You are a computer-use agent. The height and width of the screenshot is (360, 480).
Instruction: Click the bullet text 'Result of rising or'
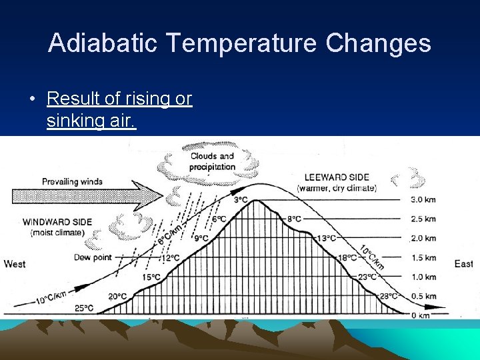coord(119,99)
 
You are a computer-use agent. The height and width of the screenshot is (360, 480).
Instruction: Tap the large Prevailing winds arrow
coord(87,195)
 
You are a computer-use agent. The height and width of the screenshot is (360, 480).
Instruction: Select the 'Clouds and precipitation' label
coord(213,161)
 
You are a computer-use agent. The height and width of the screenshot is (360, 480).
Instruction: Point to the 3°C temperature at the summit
coord(241,199)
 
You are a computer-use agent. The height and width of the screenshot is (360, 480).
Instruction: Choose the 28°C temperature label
coord(389,296)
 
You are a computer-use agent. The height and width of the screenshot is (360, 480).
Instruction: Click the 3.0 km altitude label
coord(423,199)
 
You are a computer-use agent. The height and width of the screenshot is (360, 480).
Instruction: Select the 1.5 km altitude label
coord(423,257)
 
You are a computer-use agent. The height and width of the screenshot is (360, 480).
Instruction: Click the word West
coord(15,264)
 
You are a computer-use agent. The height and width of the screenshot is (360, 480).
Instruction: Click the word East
coord(463,264)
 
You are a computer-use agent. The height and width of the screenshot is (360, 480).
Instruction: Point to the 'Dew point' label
coord(91,257)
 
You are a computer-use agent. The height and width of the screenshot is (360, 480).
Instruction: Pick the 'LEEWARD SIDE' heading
coord(337,177)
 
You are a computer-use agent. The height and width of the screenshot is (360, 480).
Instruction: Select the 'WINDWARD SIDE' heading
coord(53,222)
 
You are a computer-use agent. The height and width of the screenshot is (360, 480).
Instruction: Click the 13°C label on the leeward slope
coord(326,238)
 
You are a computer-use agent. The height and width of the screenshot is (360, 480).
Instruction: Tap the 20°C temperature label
coord(117,297)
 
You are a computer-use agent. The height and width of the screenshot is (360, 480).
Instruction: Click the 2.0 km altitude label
coord(423,238)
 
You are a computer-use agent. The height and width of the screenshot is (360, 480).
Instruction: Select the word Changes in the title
coord(378,43)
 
